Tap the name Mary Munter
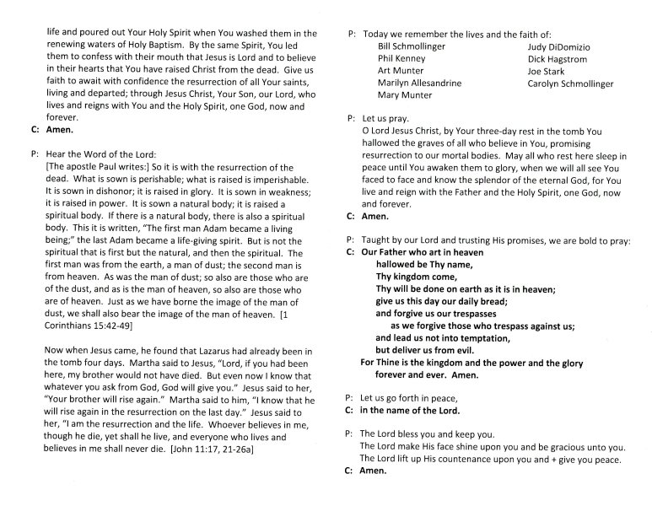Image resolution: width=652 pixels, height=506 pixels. coord(406,95)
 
